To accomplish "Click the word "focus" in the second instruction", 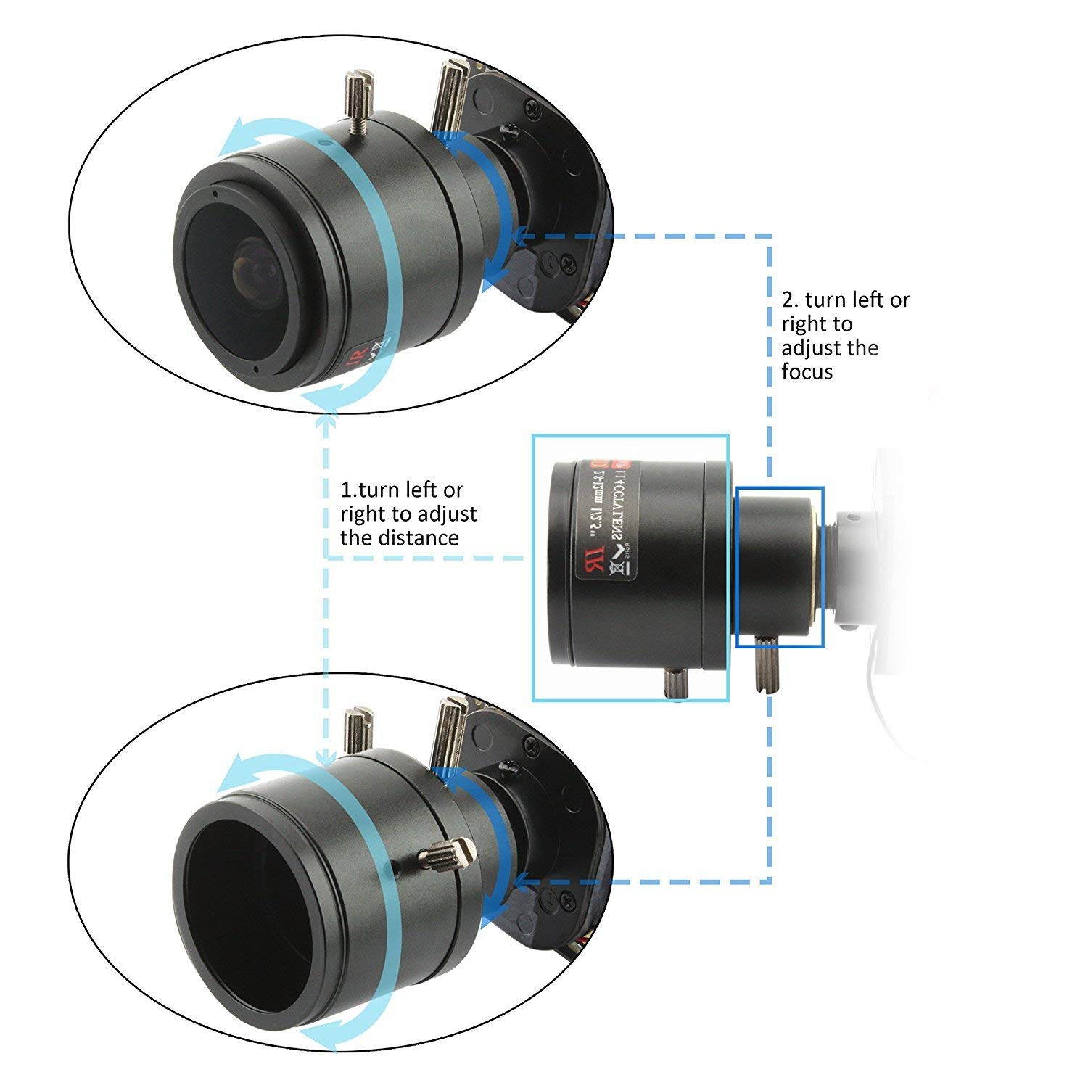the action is tap(807, 372).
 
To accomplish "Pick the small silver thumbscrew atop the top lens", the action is tap(356, 100).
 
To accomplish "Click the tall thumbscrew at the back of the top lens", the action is tap(448, 94).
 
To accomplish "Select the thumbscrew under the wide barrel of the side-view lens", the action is tap(676, 683).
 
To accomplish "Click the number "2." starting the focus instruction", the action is tap(790, 300).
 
